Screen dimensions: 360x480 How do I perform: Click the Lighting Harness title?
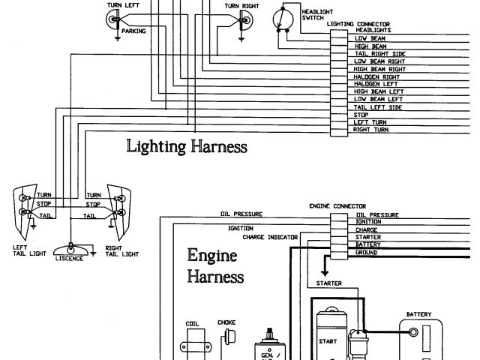pos(187,145)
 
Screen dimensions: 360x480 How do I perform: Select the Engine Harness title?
pos(214,266)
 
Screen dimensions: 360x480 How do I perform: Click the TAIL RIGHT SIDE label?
pos(379,54)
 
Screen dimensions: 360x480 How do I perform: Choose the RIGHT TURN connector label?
pos(370,130)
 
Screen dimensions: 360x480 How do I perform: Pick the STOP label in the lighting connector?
pos(361,115)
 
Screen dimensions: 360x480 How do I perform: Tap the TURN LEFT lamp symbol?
pos(114,21)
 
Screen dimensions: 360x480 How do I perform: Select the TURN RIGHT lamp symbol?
pos(241,21)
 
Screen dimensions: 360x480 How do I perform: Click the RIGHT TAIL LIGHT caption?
pos(121,250)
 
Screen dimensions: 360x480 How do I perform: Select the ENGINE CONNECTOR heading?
pos(337,205)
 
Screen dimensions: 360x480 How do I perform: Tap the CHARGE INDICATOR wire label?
pos(270,237)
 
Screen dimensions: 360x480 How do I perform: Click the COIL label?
pos(191,324)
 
